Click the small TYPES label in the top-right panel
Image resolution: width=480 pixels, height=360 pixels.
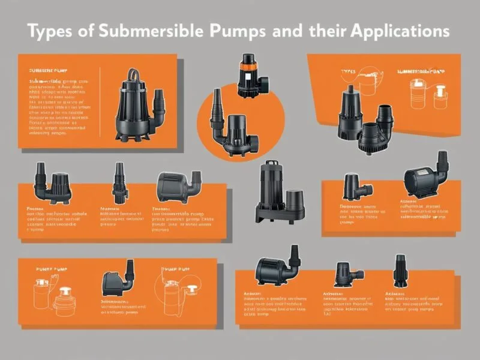(348, 72)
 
